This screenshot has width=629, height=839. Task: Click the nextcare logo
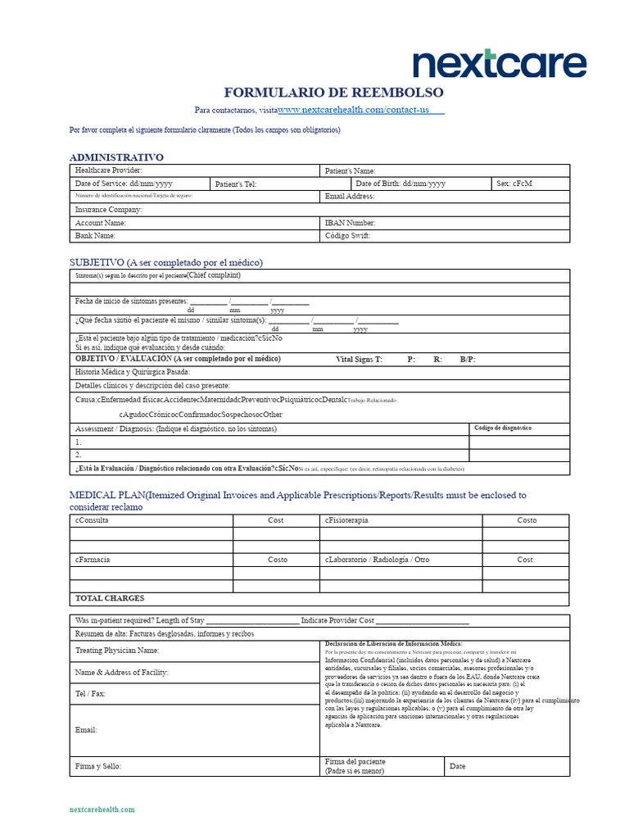[500, 64]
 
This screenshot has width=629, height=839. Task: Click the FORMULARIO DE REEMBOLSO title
[334, 92]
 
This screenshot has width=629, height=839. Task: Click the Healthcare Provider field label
[109, 170]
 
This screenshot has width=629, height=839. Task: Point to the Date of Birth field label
[400, 184]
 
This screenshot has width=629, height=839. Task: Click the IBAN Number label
[351, 223]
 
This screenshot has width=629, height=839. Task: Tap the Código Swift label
[348, 236]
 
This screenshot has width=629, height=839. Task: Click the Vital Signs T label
[359, 359]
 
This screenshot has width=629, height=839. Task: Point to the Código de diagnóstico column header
[503, 428]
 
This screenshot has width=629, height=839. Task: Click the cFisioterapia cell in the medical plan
[346, 520]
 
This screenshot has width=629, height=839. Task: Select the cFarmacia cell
[93, 560]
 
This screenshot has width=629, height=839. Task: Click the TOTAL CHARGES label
[110, 598]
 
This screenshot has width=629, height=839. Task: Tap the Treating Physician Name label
[117, 651]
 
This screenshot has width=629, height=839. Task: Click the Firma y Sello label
[98, 766]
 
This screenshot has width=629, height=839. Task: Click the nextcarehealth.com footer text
[102, 810]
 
